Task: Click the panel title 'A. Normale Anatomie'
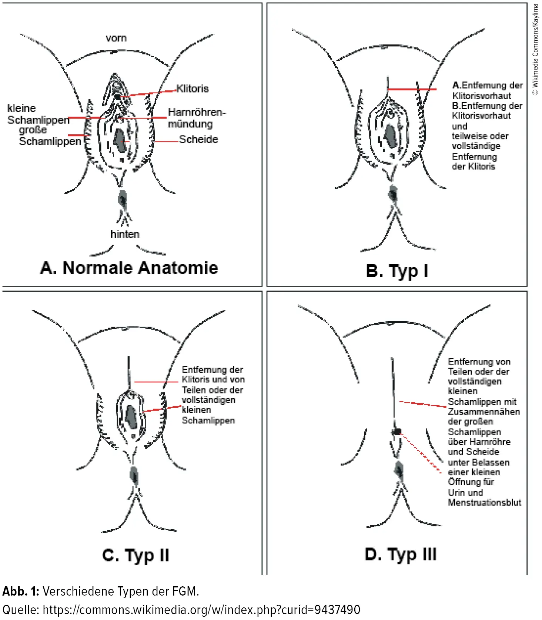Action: coord(129,268)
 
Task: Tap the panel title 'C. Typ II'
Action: coord(135,555)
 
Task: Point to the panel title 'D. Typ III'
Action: coord(400,554)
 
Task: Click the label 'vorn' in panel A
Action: coord(116,38)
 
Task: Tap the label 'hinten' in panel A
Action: coord(125,234)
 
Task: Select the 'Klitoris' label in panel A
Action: coord(193,88)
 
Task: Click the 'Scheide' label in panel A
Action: coord(198,140)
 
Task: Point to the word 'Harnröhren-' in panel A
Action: coord(197,112)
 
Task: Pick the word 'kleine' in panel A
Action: coord(21,108)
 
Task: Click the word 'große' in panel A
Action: coord(33,130)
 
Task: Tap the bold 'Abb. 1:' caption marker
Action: coord(21,591)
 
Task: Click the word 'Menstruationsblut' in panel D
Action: coord(484,502)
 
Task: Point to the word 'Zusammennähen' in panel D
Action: coord(484,412)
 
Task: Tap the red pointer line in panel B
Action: coord(412,89)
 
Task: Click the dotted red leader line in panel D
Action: coord(422,453)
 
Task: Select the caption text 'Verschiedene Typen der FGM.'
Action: coord(121,591)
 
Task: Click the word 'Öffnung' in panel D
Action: coord(461,482)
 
